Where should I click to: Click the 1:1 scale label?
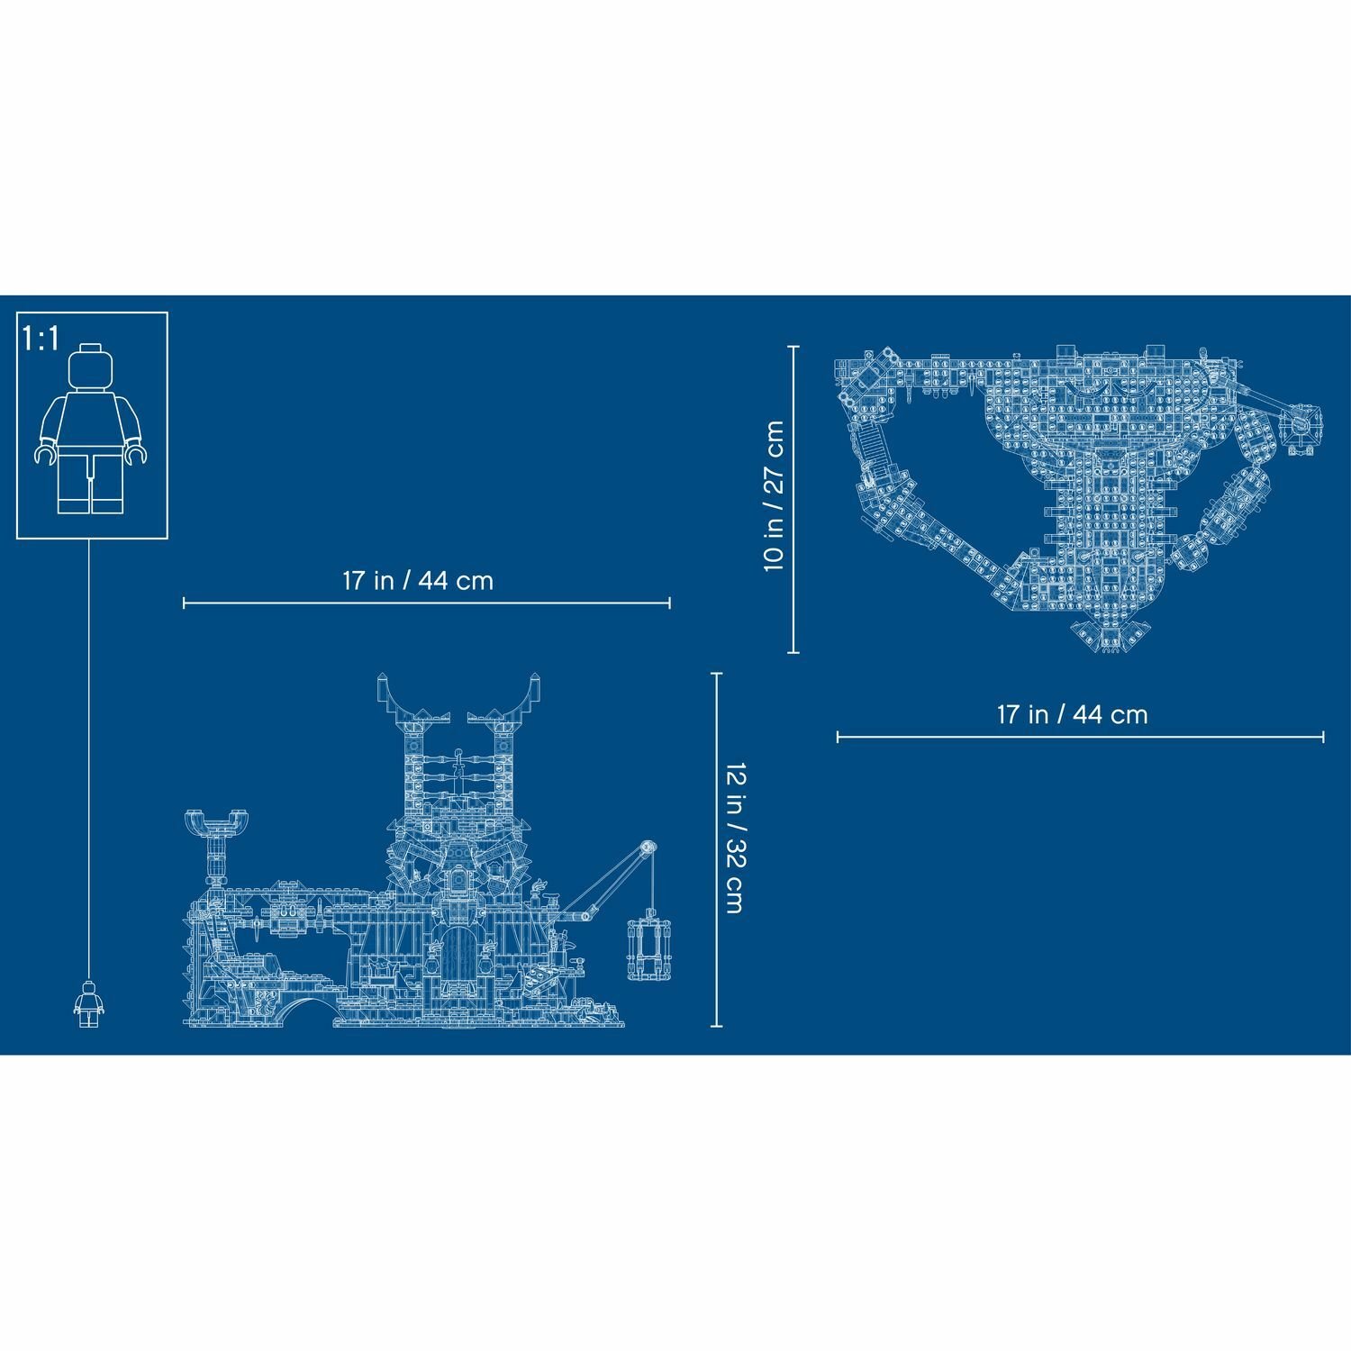(x=41, y=339)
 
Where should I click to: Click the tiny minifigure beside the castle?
(x=87, y=1003)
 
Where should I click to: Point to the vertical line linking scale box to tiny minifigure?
(x=91, y=757)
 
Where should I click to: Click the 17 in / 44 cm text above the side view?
(x=418, y=581)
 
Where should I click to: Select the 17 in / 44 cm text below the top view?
(x=1072, y=715)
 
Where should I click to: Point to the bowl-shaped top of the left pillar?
(x=216, y=821)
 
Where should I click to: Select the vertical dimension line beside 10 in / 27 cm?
(x=793, y=498)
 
